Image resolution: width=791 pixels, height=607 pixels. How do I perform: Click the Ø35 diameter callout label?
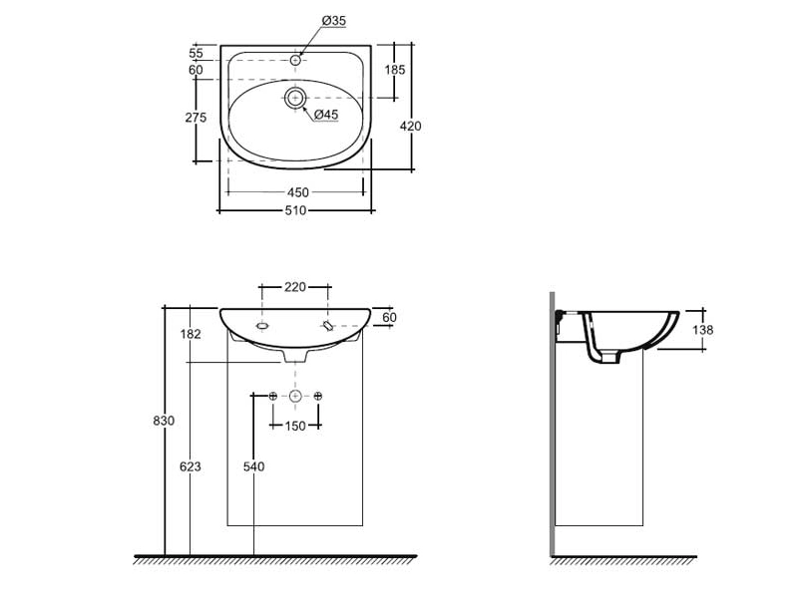click(334, 21)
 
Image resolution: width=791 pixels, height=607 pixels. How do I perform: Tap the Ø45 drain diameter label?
click(326, 115)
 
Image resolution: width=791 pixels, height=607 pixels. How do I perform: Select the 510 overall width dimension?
click(295, 210)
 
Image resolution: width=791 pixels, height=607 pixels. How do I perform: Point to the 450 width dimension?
click(297, 192)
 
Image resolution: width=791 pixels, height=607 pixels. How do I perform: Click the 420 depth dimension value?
click(411, 126)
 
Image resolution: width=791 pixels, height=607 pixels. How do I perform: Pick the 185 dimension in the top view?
click(395, 70)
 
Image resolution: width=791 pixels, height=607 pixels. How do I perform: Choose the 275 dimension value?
click(196, 118)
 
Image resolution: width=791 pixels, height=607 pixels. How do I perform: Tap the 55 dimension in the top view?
click(196, 53)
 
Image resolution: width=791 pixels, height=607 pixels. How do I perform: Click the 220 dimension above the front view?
click(295, 287)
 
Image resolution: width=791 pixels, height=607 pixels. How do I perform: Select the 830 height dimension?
click(164, 421)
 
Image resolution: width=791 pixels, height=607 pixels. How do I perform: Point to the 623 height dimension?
click(191, 466)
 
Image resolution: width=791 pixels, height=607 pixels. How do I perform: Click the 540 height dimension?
click(253, 466)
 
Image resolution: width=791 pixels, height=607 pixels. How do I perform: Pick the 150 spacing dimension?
click(295, 426)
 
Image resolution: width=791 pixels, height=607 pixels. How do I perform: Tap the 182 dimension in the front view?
click(191, 334)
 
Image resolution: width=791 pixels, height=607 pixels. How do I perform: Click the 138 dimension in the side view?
click(702, 330)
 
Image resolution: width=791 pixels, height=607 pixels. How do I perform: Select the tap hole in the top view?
click(295, 61)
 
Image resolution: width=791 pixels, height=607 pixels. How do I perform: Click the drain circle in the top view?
click(295, 98)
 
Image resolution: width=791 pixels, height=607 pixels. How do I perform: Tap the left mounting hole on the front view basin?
click(262, 326)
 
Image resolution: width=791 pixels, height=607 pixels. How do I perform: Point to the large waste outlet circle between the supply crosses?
click(295, 397)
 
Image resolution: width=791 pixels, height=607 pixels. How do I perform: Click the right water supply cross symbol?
click(318, 397)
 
